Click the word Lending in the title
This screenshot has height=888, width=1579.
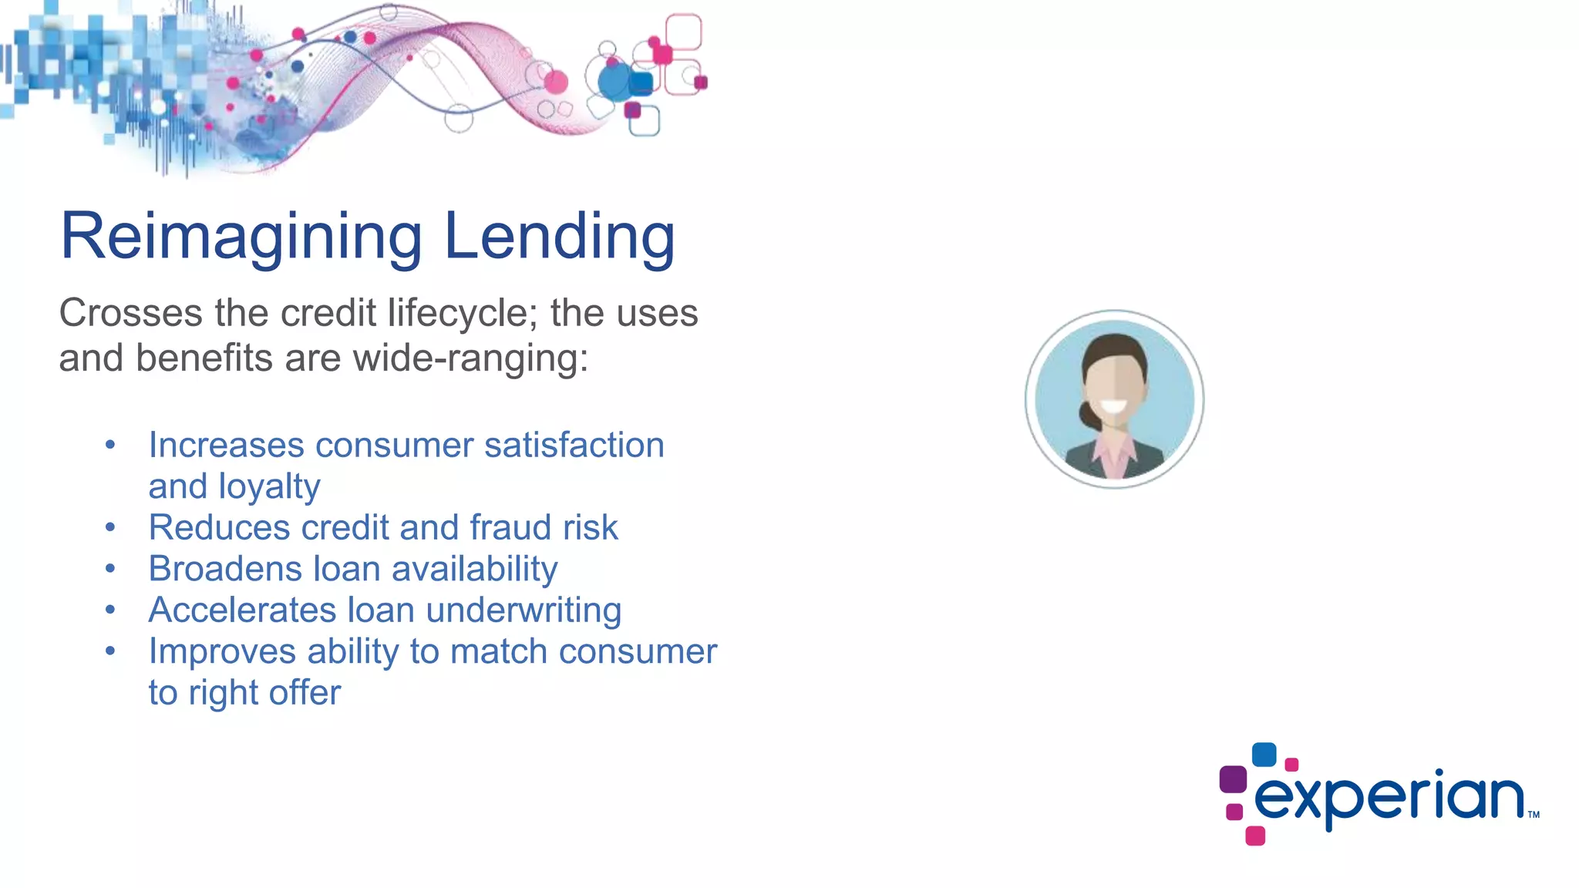point(560,236)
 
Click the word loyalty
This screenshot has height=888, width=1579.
point(269,487)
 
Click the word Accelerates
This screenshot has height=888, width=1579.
point(242,610)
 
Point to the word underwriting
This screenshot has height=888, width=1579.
point(524,610)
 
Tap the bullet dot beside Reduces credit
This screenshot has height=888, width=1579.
point(110,528)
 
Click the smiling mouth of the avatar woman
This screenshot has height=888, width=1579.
point(1113,406)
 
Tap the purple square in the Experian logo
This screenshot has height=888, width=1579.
point(1233,779)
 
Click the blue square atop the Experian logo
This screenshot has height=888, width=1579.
point(1264,754)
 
